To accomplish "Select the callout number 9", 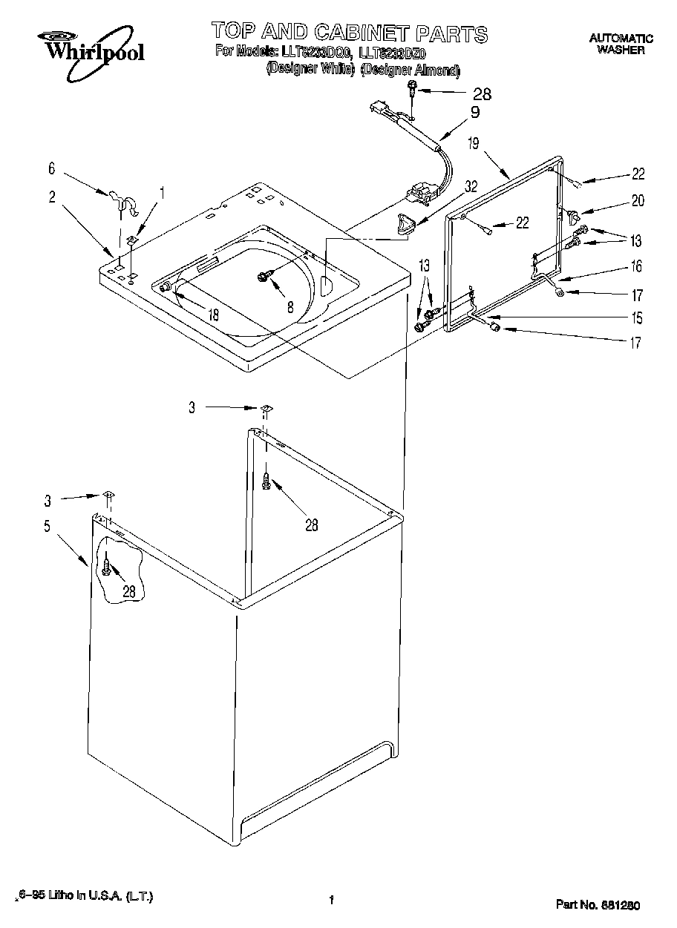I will tap(474, 113).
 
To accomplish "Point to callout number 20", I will tap(638, 200).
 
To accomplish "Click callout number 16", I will tap(637, 266).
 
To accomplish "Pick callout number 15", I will tap(637, 319).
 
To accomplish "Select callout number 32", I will tap(470, 188).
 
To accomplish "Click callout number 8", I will tap(290, 306).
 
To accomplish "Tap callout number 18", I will tap(214, 315).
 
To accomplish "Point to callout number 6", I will tap(51, 169).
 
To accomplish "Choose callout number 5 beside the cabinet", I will tap(48, 527).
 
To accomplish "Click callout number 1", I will tap(163, 192).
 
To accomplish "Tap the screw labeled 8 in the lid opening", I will tap(264, 276).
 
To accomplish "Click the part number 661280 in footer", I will tap(598, 904).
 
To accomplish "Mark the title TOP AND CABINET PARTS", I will tap(349, 32).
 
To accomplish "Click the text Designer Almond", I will tap(410, 70).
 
